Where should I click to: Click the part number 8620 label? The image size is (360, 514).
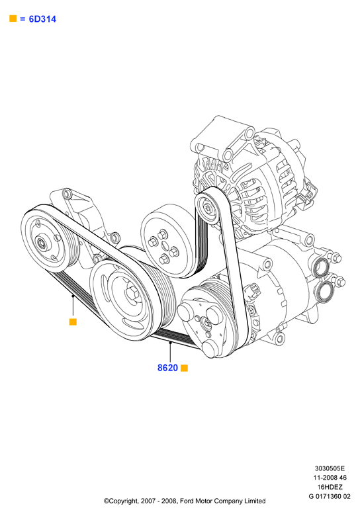167,368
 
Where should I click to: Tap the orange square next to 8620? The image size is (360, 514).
184,368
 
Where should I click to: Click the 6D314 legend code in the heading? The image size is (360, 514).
42,19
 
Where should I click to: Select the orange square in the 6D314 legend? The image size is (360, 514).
13,19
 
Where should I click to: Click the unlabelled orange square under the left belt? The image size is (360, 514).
73,322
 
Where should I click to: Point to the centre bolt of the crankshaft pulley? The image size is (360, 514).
133,292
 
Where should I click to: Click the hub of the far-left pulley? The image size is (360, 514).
42,243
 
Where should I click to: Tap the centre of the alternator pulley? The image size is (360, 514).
207,208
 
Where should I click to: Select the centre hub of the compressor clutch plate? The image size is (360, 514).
207,323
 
